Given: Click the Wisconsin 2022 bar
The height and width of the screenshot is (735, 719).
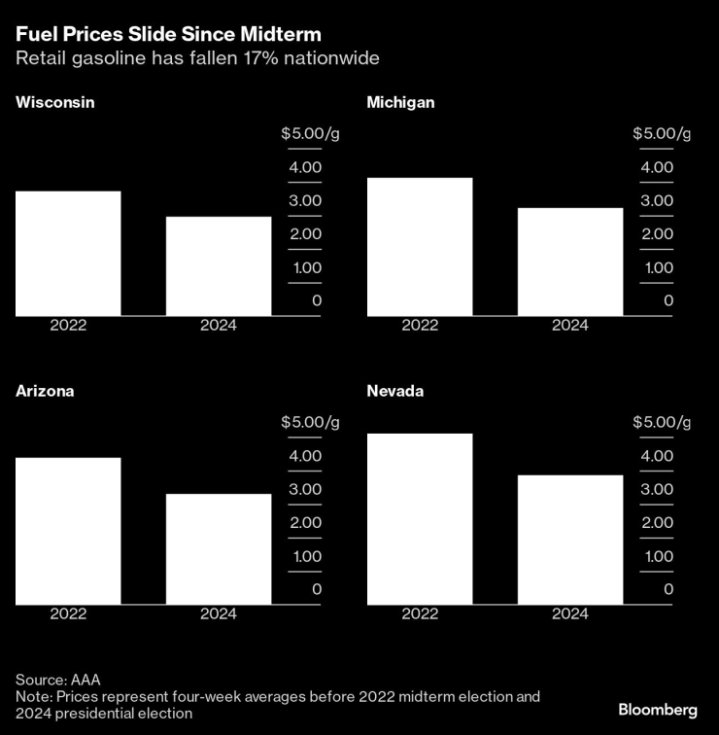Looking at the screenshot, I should pyautogui.click(x=68, y=254).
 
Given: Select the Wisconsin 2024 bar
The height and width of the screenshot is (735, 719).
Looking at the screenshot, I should pyautogui.click(x=219, y=266).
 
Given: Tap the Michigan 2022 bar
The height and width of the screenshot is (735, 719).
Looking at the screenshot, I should pyautogui.click(x=420, y=247).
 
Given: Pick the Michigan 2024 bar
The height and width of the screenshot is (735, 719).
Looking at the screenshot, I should pyautogui.click(x=570, y=262).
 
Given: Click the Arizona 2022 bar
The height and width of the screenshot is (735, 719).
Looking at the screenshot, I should pyautogui.click(x=68, y=531).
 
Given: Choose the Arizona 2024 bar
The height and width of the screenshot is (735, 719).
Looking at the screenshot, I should pyautogui.click(x=219, y=549).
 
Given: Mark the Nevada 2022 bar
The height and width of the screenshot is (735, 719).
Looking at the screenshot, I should pyautogui.click(x=420, y=519).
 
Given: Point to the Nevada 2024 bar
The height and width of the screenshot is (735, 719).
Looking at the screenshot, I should pyautogui.click(x=570, y=540).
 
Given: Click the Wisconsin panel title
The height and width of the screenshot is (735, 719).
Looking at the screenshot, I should pyautogui.click(x=55, y=102).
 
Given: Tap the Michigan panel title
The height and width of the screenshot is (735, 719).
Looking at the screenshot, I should pyautogui.click(x=399, y=102).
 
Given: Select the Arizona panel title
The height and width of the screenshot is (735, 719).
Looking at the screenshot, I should pyautogui.click(x=45, y=391).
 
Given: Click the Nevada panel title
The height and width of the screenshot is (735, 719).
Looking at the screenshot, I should pyautogui.click(x=394, y=391).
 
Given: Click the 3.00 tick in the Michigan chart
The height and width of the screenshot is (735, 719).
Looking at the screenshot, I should pyautogui.click(x=656, y=200).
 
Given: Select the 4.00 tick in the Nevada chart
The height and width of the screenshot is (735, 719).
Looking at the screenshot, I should pyautogui.click(x=656, y=456).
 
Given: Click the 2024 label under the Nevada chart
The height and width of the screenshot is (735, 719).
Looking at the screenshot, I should pyautogui.click(x=570, y=613).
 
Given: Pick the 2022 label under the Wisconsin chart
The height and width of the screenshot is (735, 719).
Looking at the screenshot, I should pyautogui.click(x=68, y=325).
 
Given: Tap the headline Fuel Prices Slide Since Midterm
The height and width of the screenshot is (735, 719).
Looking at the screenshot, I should pyautogui.click(x=168, y=36).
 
